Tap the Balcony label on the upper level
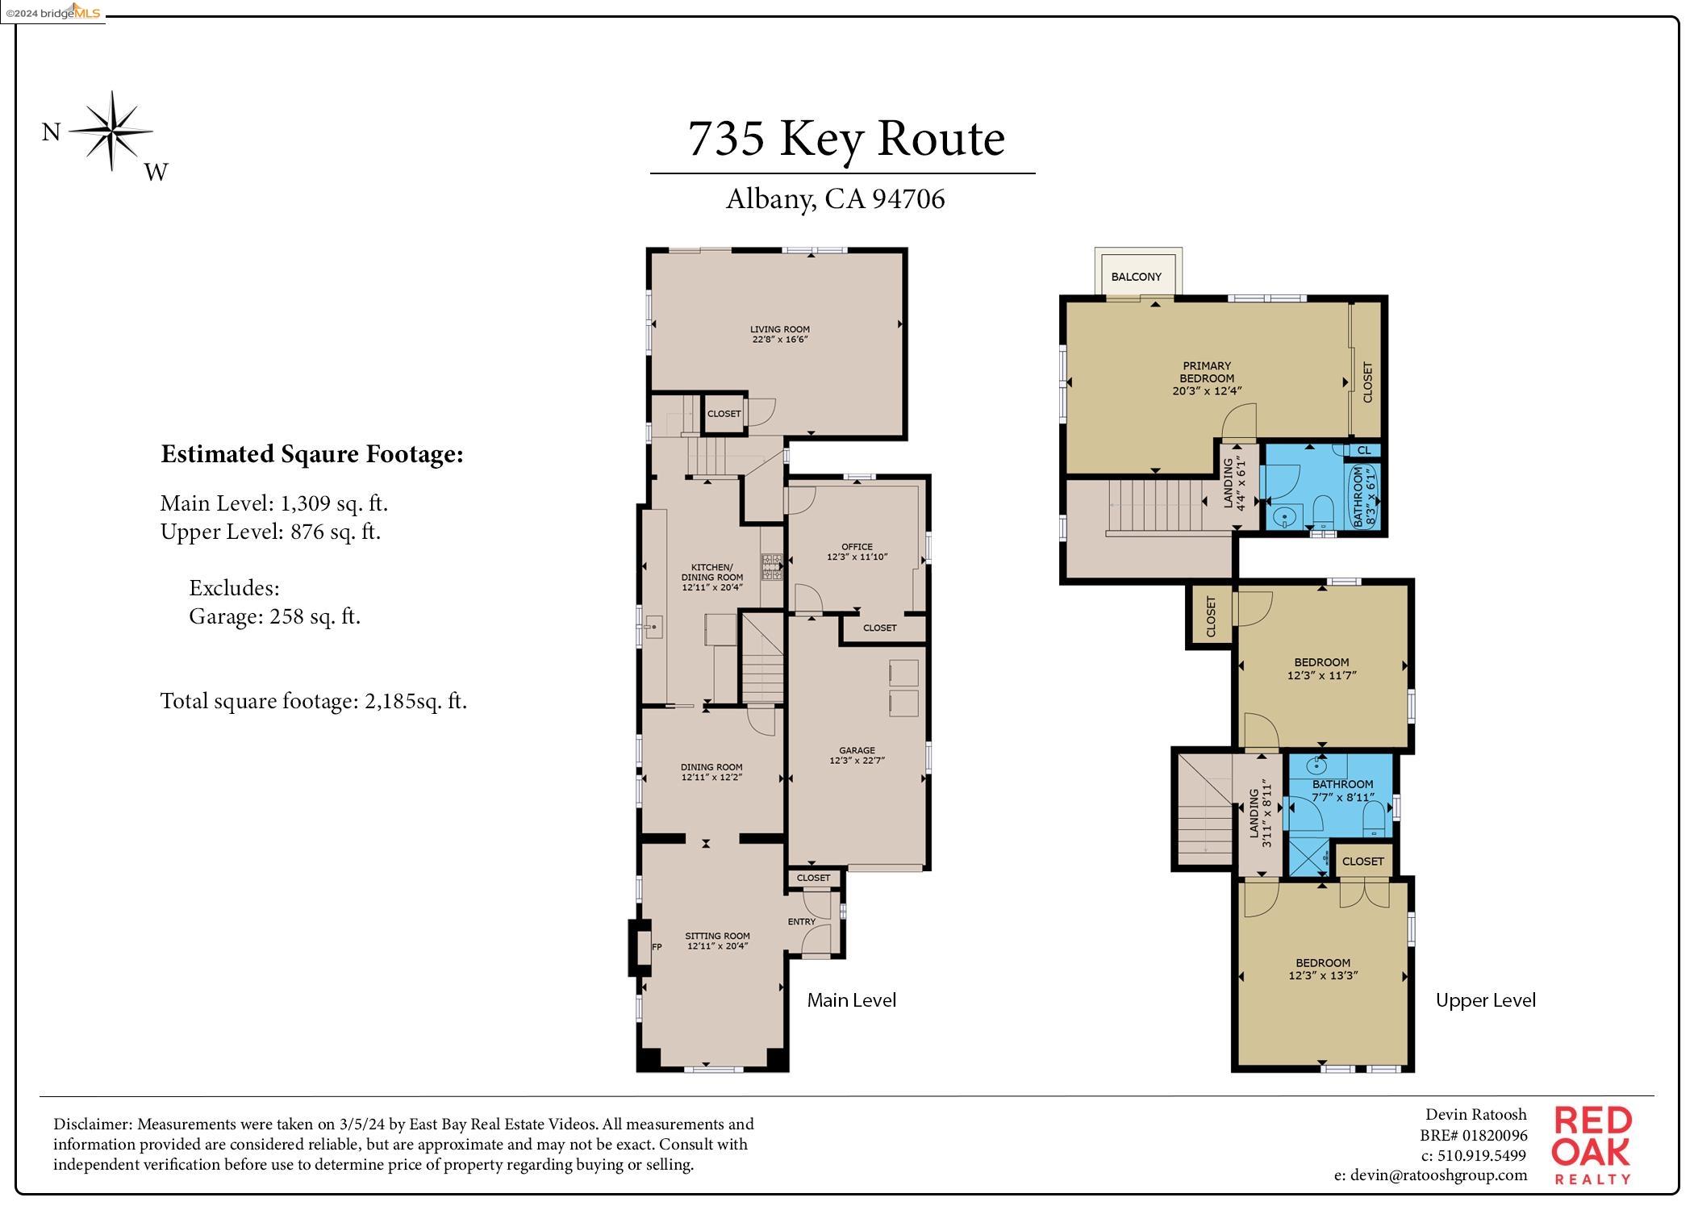click(x=1136, y=277)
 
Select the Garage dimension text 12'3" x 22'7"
click(x=857, y=761)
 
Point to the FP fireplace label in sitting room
click(x=657, y=947)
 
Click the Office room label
click(x=857, y=546)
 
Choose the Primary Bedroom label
click(x=1207, y=372)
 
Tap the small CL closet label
click(x=1364, y=450)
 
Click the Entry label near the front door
click(x=801, y=921)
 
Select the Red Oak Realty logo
click(x=1592, y=1145)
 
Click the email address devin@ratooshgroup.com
click(x=1430, y=1175)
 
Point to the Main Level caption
click(x=851, y=1000)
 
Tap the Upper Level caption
click(x=1485, y=1000)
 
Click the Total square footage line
click(x=313, y=701)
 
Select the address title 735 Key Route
click(x=845, y=138)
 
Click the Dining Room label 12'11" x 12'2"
click(x=711, y=773)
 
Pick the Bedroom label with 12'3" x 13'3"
click(x=1323, y=969)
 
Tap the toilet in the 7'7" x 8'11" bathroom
click(x=1375, y=824)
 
